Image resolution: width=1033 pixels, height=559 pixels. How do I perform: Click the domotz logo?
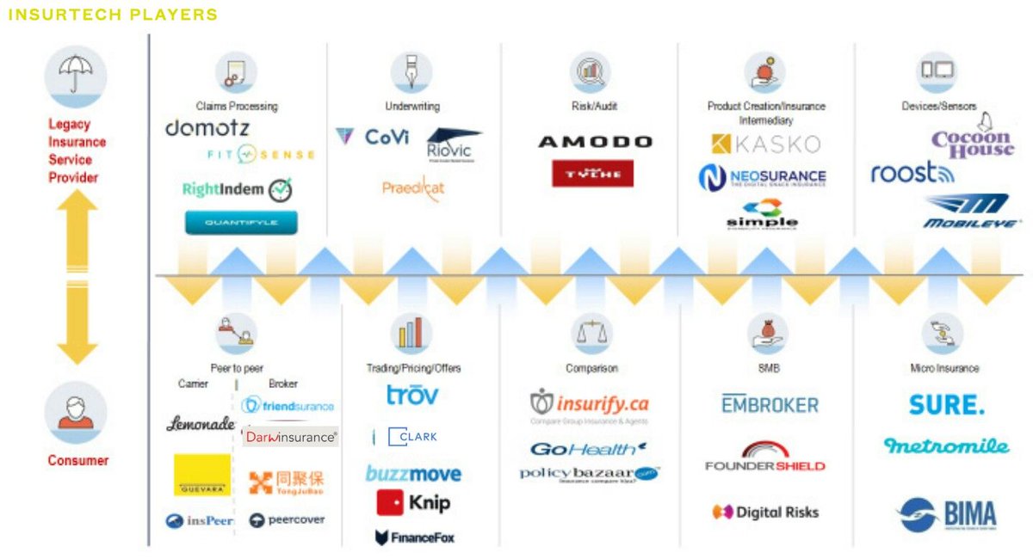pos(207,129)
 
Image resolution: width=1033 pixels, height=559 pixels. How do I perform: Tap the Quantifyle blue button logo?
pos(241,223)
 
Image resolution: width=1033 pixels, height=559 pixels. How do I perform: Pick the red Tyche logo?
pos(592,173)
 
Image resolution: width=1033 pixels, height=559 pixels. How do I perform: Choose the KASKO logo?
pos(766,144)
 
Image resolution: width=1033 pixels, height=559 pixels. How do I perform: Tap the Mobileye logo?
pos(965,212)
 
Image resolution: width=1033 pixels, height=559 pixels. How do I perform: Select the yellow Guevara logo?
pos(202,475)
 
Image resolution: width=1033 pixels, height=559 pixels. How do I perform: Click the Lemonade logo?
pos(201,424)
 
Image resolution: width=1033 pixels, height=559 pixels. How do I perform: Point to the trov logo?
pos(411,396)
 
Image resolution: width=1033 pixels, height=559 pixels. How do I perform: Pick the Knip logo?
pos(413,503)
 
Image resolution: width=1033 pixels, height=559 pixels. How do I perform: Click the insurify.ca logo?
pos(590,404)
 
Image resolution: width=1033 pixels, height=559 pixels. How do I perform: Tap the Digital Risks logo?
pos(765,513)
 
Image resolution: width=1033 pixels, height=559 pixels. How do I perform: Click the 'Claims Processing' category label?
pos(237,107)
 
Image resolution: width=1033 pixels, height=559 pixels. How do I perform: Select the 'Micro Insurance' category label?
pos(944,368)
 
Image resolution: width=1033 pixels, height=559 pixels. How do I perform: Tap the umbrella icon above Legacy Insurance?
pos(76,76)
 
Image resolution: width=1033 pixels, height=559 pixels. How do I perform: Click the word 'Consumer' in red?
pos(78,461)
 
